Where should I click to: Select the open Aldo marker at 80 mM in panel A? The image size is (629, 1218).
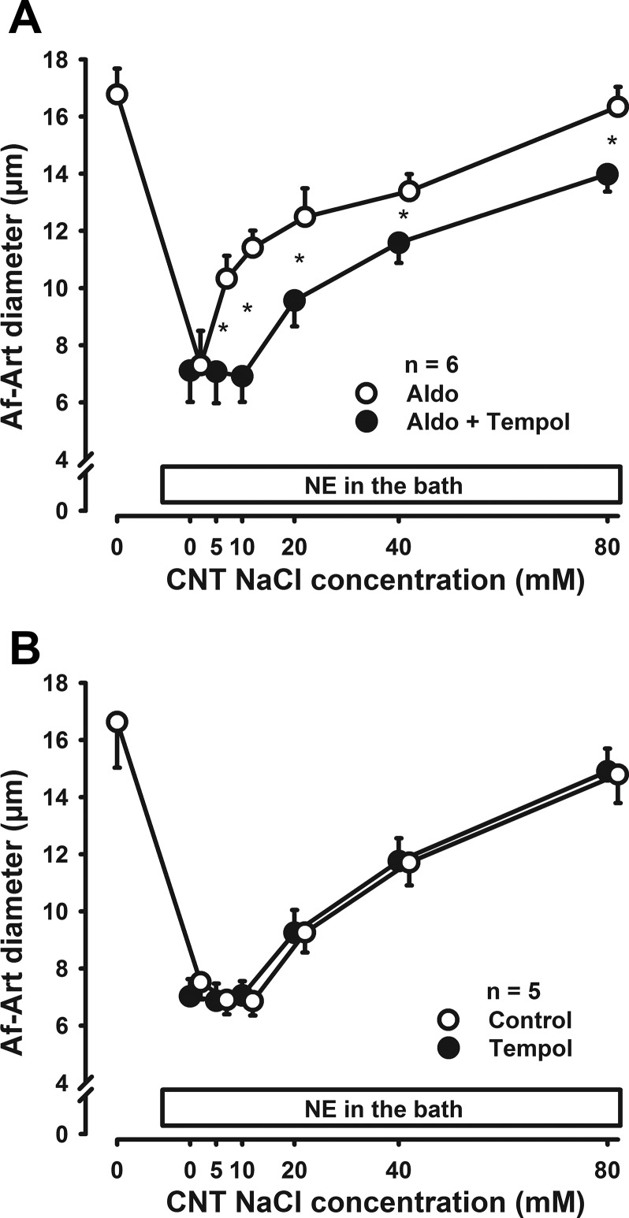[617, 106]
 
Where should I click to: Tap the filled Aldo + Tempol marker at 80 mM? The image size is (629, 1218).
[607, 174]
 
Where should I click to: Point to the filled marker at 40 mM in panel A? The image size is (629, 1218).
[399, 243]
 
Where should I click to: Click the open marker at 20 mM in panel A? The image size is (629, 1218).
[305, 217]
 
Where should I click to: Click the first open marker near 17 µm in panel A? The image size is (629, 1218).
[117, 95]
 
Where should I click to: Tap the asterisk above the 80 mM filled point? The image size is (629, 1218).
[611, 143]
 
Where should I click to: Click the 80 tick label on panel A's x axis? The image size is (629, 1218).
[608, 545]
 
